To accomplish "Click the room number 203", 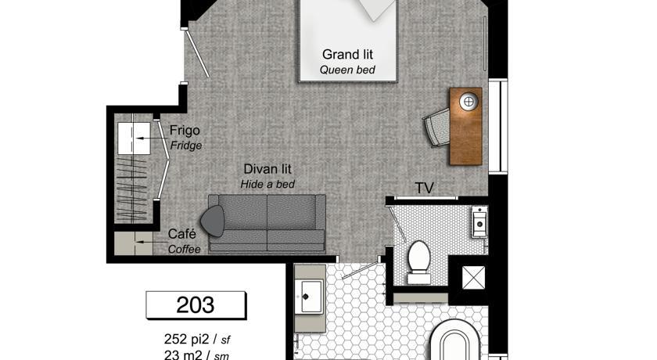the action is [x=196, y=304].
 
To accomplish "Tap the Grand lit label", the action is [x=347, y=55].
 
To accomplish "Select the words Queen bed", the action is [x=347, y=70].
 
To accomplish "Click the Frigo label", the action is [x=185, y=131].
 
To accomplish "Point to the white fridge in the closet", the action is [x=134, y=139].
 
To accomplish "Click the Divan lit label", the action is [x=267, y=169].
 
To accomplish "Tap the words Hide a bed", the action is [x=267, y=185].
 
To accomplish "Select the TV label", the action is [x=424, y=188].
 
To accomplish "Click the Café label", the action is [x=181, y=234].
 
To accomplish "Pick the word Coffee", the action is [x=185, y=250].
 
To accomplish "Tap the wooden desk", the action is [x=466, y=126].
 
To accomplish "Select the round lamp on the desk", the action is [x=469, y=102].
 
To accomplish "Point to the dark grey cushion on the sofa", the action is [x=213, y=221].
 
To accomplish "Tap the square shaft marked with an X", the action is [x=473, y=278].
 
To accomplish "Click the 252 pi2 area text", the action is [x=188, y=339].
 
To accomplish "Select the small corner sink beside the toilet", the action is [x=479, y=222].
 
